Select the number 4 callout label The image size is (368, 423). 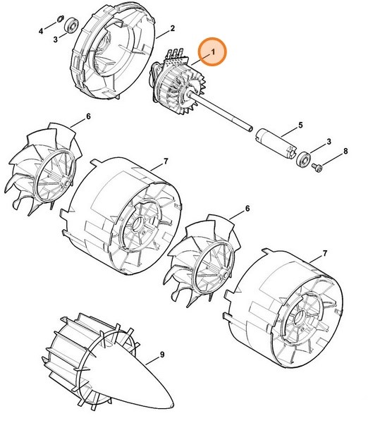pyautogui.click(x=42, y=32)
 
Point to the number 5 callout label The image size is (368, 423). pyautogui.click(x=300, y=125)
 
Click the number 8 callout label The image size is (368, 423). pyautogui.click(x=345, y=152)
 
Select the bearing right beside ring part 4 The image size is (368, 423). pyautogui.click(x=73, y=26)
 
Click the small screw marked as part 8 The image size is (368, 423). pyautogui.click(x=318, y=167)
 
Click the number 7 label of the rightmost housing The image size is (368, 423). pyautogui.click(x=324, y=252)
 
